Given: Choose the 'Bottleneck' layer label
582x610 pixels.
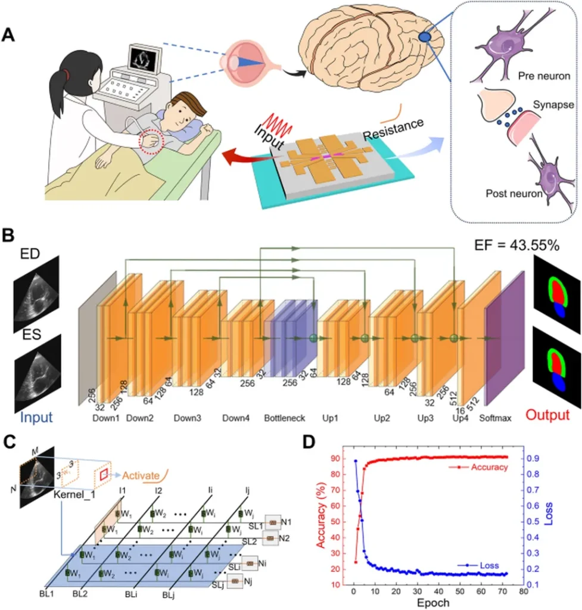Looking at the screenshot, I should click(x=284, y=418).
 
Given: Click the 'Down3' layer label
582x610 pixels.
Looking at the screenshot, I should click(x=188, y=418).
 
